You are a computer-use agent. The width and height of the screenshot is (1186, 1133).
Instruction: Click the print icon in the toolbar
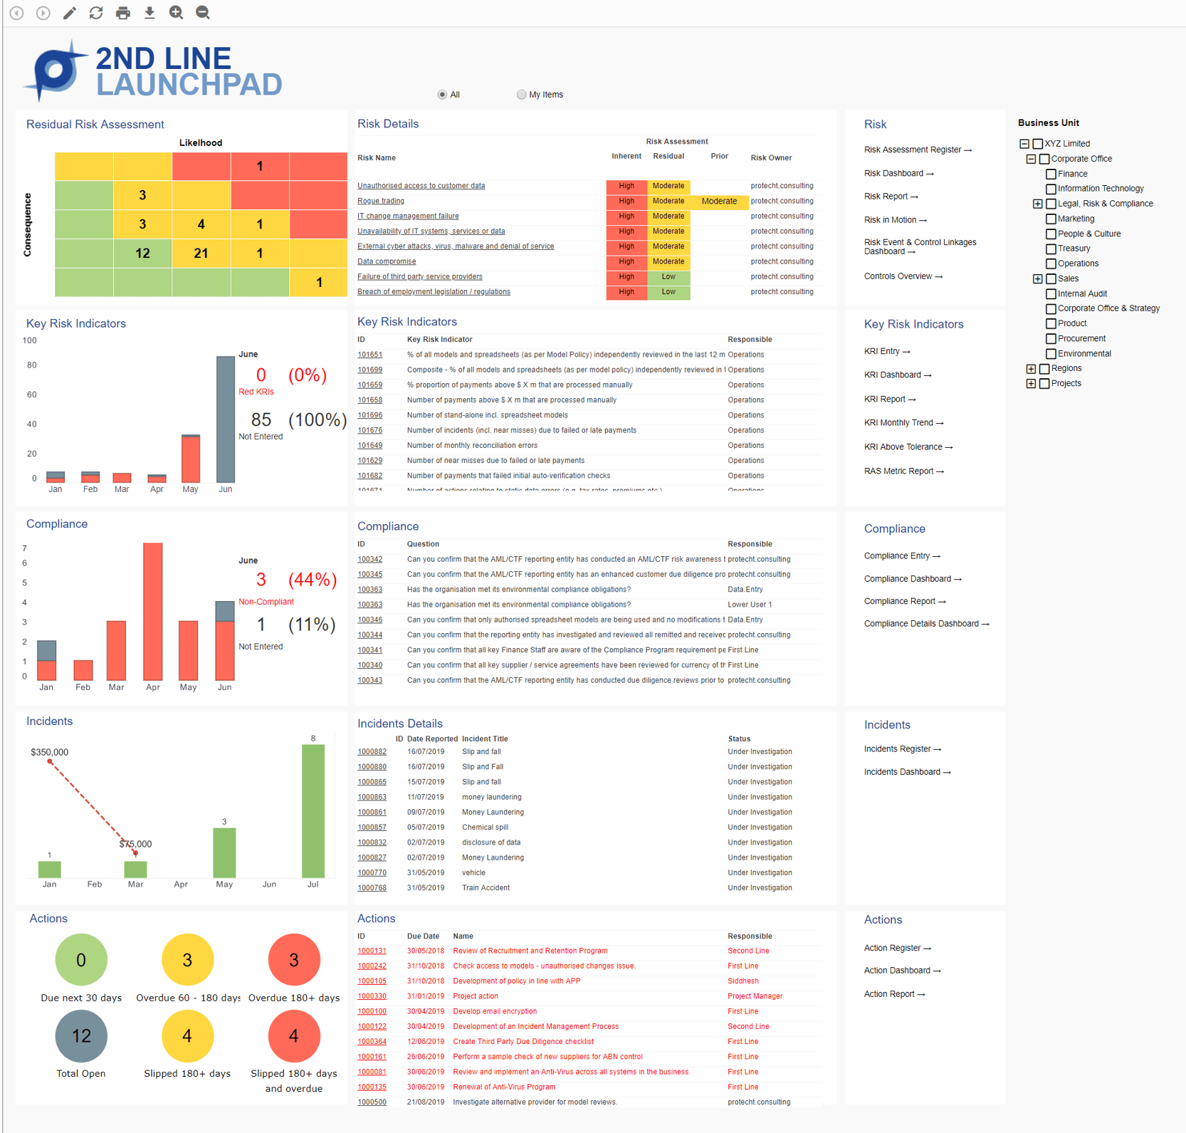123,13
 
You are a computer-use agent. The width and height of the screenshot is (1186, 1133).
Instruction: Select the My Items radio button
521,95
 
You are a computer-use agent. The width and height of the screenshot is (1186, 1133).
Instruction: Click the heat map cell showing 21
201,253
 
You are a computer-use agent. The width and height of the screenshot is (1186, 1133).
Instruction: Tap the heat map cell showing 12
142,253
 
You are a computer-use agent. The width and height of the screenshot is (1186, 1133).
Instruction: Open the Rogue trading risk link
381,201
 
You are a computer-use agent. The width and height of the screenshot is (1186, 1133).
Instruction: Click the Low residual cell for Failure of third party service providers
668,276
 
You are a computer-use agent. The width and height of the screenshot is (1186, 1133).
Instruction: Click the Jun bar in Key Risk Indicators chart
226,420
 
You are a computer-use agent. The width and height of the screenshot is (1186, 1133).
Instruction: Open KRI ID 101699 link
369,370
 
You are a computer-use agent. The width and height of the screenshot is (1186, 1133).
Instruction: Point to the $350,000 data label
50,752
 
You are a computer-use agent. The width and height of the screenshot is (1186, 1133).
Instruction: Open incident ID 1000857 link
372,827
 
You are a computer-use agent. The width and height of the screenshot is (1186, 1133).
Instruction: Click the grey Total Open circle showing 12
81,1035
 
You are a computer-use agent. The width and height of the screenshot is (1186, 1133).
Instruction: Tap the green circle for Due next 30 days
81,960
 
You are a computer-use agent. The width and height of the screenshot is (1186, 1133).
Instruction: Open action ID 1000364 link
372,1041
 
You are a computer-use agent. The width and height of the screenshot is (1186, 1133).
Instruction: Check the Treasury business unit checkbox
1051,249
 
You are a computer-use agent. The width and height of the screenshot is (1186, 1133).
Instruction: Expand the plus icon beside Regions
1031,369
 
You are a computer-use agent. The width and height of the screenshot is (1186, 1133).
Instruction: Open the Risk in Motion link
895,220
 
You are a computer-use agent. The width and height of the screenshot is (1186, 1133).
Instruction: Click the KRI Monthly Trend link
903,423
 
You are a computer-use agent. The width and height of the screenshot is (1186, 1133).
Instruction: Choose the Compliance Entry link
901,556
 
